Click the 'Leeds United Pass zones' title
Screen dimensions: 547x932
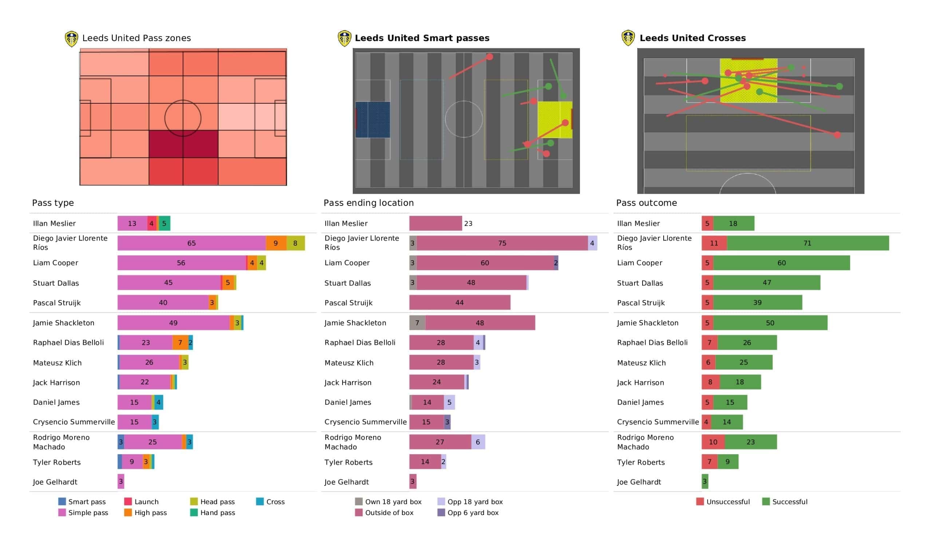pos(137,38)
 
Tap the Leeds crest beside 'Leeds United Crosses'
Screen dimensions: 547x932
pos(628,38)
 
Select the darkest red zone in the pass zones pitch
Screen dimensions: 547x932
pos(183,144)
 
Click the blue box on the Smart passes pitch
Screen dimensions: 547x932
pos(372,120)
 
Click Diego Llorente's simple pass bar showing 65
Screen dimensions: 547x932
pos(191,243)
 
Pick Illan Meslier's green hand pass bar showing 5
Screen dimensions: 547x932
pos(165,223)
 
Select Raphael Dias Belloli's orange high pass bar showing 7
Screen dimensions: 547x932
pos(180,343)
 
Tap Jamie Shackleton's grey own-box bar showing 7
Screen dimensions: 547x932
pos(417,323)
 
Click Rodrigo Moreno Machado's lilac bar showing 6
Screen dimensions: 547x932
pos(478,442)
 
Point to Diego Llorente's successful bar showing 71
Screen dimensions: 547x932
pos(807,243)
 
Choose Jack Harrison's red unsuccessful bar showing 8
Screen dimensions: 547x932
pos(710,382)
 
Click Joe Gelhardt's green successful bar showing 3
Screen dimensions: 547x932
pos(705,481)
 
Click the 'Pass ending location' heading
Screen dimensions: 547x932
pos(368,203)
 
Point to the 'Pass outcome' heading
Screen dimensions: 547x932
pos(647,203)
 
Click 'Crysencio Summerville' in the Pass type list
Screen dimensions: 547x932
pos(74,422)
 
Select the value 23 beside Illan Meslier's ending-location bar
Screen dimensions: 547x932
pos(468,223)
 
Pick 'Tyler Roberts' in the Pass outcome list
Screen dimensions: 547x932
pos(640,462)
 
